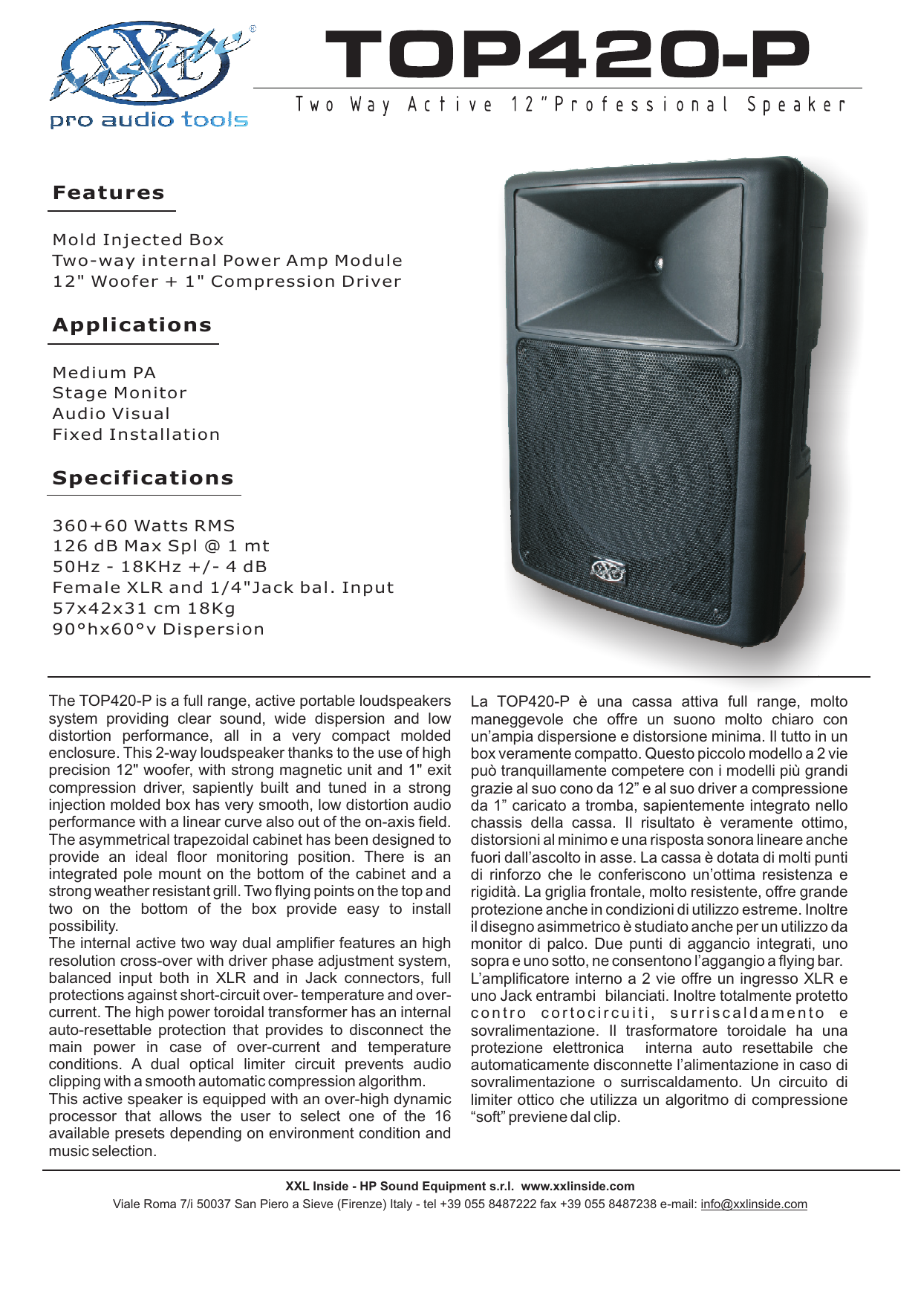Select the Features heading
coord(108,193)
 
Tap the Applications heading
coord(132,325)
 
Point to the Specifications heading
coord(143,479)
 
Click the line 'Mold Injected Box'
coord(138,240)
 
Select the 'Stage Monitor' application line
coord(120,393)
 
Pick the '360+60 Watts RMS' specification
coord(143,526)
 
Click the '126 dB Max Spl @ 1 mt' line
coord(160,546)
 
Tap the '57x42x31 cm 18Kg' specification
coord(143,609)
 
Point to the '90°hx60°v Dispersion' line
coord(158,629)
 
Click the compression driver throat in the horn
coord(657,262)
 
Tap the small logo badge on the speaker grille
coord(608,571)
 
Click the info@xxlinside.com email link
coord(753,1204)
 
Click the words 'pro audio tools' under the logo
coord(149,120)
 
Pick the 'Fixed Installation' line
coord(136,435)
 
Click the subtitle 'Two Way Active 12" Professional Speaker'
coord(570,105)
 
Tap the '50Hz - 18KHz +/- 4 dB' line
coord(160,567)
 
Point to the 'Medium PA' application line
coord(104,373)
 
